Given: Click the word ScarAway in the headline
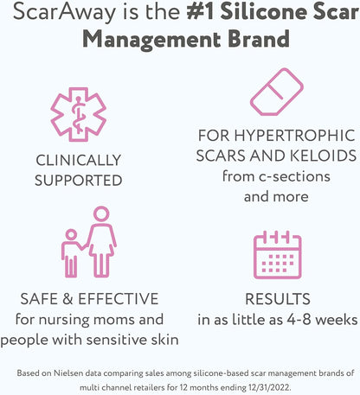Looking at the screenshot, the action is click(64, 12).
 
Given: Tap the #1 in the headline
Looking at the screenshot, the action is click(200, 11).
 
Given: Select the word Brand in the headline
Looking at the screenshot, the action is click(259, 39).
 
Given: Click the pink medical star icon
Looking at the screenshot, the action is click(78, 114).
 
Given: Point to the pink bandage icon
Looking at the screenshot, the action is click(277, 92).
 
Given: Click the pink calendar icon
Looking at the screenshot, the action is click(278, 255).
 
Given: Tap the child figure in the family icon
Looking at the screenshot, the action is click(71, 253).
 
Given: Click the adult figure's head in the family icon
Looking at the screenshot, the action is click(101, 214).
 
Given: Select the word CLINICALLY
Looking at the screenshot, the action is click(79, 160).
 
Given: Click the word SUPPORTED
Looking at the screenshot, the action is click(79, 181).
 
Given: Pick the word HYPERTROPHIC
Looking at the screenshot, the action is click(294, 136).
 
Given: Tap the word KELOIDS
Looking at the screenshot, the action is click(323, 156).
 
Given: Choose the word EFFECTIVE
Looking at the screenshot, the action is click(119, 298).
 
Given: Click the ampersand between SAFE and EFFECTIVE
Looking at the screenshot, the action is click(67, 299).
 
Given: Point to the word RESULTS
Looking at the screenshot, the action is click(278, 299).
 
